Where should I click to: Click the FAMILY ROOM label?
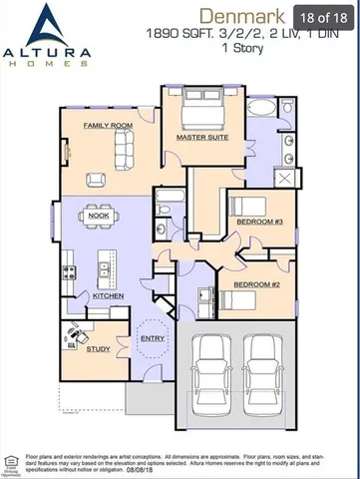tap(108, 126)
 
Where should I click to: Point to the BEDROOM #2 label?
tap(255, 284)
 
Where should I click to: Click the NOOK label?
tap(99, 216)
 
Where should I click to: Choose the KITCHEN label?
tap(107, 296)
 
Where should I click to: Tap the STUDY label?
tap(99, 348)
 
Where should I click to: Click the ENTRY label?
tap(153, 339)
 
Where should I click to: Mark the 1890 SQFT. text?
tap(177, 33)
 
